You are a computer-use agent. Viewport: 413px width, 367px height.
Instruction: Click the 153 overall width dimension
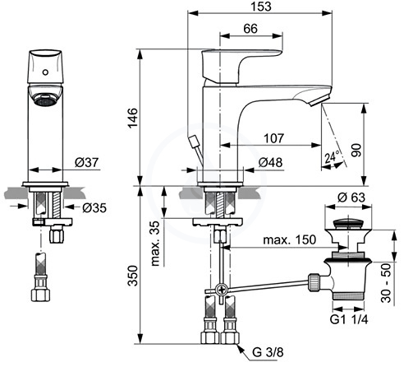click(261, 7)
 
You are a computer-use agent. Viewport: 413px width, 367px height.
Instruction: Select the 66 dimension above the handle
click(250, 29)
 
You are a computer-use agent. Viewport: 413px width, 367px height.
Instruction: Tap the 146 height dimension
click(133, 118)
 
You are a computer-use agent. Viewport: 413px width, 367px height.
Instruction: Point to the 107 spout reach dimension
click(274, 138)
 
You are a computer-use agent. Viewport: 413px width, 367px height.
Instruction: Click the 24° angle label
click(332, 157)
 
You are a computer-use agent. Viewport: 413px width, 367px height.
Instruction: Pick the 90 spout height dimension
click(356, 150)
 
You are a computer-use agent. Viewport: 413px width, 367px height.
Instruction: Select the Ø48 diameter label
click(270, 162)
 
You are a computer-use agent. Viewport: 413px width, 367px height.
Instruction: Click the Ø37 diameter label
click(86, 162)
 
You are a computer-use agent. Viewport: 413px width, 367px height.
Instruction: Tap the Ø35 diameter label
click(94, 208)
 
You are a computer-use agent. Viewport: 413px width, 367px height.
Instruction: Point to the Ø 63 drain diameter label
click(351, 197)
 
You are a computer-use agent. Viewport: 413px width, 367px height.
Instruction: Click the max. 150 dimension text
click(290, 240)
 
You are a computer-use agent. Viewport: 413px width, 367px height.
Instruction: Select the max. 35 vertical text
click(155, 244)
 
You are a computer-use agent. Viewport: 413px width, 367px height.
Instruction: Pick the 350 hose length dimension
click(133, 276)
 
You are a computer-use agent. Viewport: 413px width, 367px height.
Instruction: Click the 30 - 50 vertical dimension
click(386, 283)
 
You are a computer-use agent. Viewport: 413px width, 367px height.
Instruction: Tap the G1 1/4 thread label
click(349, 319)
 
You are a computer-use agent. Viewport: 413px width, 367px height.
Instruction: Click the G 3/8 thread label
click(268, 352)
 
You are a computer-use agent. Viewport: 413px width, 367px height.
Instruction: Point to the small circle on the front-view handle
click(45, 72)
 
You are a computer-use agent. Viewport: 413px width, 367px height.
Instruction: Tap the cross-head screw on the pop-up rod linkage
click(222, 290)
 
